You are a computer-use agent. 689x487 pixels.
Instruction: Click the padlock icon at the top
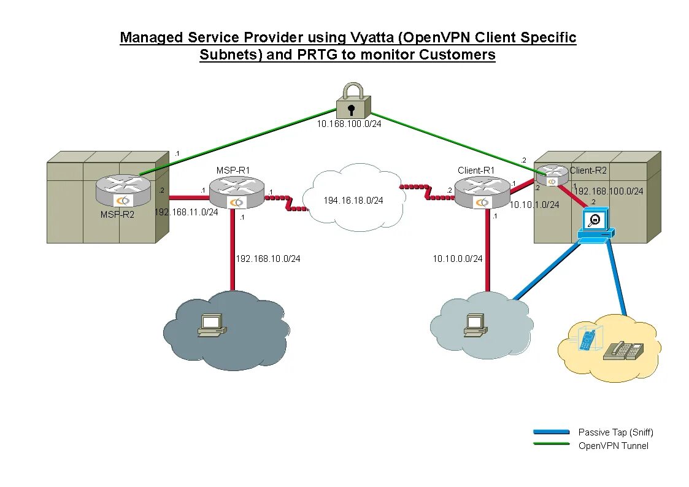[353, 102]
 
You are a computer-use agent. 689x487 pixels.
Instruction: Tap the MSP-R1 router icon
[236, 192]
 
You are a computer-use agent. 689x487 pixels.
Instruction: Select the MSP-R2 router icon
[123, 190]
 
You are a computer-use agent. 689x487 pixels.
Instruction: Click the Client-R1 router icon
[482, 192]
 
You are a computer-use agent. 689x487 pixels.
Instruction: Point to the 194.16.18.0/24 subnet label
[353, 201]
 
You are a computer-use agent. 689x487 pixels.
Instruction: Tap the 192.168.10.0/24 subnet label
[268, 259]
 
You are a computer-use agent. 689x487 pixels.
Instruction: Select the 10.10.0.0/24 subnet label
[457, 259]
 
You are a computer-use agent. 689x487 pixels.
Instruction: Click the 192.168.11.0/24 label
[186, 212]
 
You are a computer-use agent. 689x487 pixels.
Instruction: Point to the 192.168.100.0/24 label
[608, 191]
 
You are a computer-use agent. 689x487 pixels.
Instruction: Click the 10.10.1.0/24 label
[534, 205]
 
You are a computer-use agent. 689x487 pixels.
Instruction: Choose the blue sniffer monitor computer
[595, 224]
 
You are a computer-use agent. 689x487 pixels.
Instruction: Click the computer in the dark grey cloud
[211, 326]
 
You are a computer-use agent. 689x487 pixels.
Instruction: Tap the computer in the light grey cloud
[475, 326]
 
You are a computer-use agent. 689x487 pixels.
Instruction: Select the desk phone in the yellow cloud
[624, 350]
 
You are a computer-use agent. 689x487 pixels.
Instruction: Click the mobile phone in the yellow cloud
[588, 340]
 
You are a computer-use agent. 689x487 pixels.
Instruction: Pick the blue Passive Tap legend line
[551, 432]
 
